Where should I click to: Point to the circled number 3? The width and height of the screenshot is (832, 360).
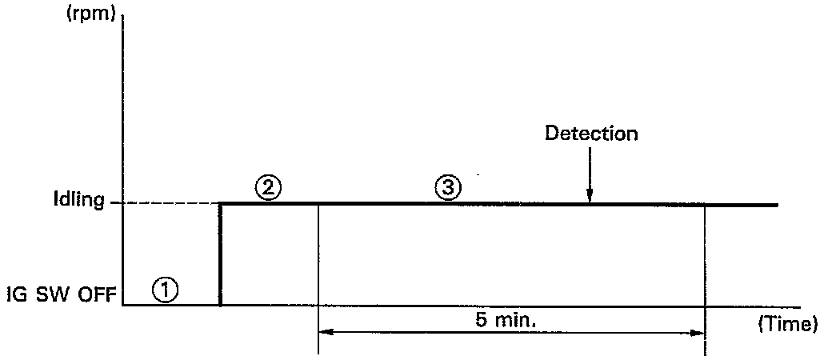click(x=446, y=189)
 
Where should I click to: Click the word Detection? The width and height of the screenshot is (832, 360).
click(x=591, y=134)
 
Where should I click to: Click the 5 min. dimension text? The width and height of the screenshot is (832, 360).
click(x=510, y=322)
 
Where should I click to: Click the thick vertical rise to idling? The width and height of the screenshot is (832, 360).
click(x=220, y=254)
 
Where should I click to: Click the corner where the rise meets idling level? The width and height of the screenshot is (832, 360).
click(x=221, y=205)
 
